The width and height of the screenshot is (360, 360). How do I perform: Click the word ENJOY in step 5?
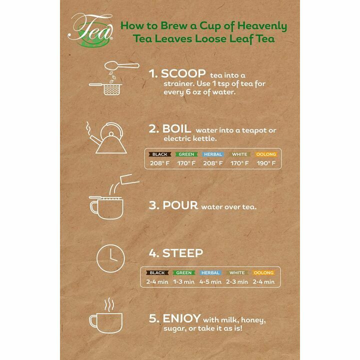181,318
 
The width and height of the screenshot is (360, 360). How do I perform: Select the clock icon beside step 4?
110,258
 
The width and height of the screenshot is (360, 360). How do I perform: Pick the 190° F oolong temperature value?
265,163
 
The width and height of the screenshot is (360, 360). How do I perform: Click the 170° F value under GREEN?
186,163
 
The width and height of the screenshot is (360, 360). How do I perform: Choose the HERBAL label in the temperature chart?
212,154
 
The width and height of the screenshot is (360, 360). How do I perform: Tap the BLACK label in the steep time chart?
157,273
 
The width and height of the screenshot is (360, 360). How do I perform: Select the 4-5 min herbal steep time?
210,281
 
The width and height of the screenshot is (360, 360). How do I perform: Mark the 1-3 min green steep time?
184,281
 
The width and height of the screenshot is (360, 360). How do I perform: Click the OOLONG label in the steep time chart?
263,273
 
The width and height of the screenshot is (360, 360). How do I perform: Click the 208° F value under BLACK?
160,163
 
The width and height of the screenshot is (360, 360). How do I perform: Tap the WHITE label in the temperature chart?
239,154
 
